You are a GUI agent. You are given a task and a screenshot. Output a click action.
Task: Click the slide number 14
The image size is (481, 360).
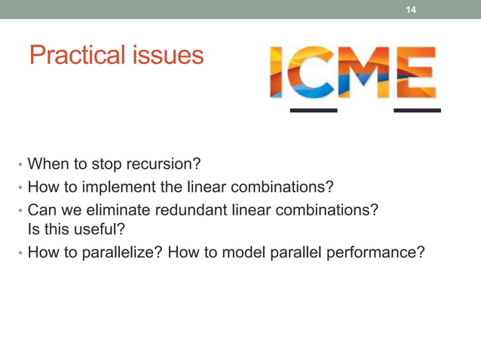tap(411, 10)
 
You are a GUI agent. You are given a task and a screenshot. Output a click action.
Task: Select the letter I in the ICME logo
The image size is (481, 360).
tap(278, 72)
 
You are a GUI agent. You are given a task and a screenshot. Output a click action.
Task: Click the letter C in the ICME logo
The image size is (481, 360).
tap(309, 72)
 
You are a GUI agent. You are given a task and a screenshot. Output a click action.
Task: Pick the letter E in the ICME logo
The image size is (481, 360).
tap(415, 72)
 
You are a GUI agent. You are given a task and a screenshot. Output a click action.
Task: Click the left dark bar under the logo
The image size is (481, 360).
tap(314, 111)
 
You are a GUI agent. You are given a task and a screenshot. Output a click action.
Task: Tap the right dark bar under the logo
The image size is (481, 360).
tap(418, 111)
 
